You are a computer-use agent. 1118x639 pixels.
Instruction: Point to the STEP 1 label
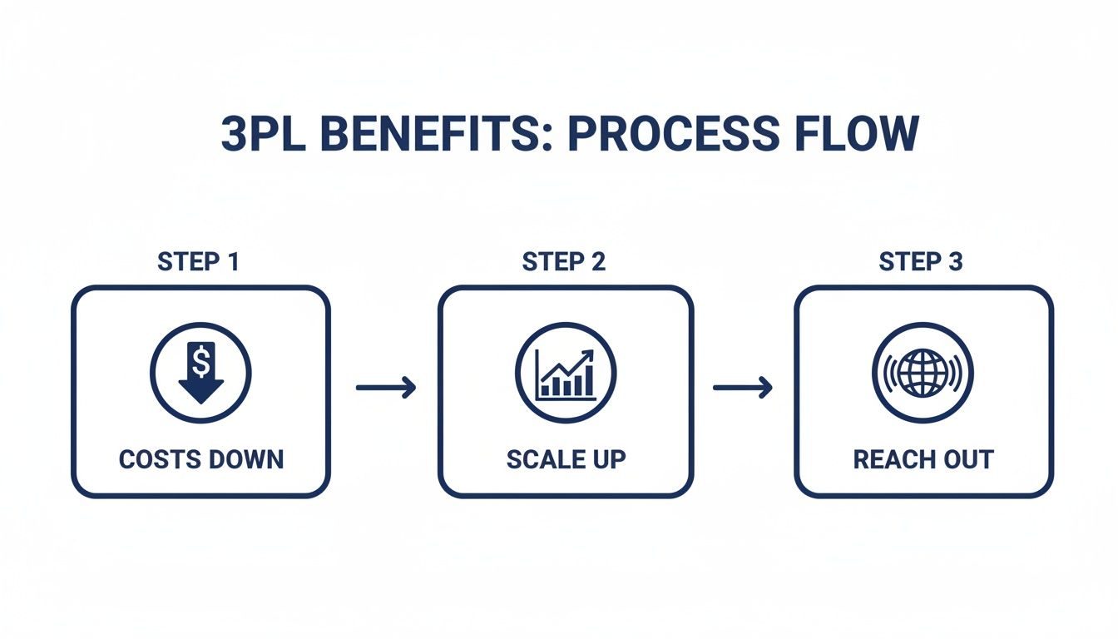(198, 262)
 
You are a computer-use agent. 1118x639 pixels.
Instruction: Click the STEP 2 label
(564, 262)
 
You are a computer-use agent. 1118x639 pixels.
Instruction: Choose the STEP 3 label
(921, 262)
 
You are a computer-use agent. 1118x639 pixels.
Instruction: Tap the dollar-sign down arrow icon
(200, 371)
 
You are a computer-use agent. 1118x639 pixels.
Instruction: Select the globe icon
(923, 371)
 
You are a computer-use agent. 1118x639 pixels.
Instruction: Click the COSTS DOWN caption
(200, 459)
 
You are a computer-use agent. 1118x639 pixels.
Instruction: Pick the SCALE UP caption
(566, 459)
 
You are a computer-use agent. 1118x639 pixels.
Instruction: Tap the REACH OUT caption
(923, 459)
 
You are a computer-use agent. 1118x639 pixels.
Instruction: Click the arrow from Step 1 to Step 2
(385, 388)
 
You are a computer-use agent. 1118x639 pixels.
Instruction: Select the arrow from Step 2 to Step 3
(742, 388)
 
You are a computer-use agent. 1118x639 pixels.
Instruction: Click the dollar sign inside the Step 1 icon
(200, 361)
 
